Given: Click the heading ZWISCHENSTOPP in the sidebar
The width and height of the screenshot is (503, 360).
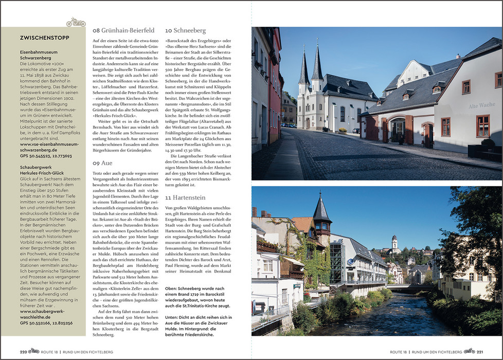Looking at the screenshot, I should click(x=44, y=38).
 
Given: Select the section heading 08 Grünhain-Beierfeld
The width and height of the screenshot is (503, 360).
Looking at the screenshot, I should click(x=123, y=30).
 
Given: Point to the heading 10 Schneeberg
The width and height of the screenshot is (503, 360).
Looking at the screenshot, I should click(x=185, y=30).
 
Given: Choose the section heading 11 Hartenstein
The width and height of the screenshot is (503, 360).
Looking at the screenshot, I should click(x=185, y=197).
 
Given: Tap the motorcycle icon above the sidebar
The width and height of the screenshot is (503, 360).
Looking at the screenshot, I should click(x=76, y=23).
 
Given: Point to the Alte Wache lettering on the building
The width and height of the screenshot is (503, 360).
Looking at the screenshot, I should click(x=481, y=106).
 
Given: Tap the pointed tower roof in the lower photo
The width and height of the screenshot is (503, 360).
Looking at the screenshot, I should click(x=321, y=209).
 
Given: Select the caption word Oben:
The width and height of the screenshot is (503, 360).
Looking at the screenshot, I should click(x=172, y=289).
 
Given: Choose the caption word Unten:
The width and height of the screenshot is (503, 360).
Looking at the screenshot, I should click(x=173, y=317).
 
